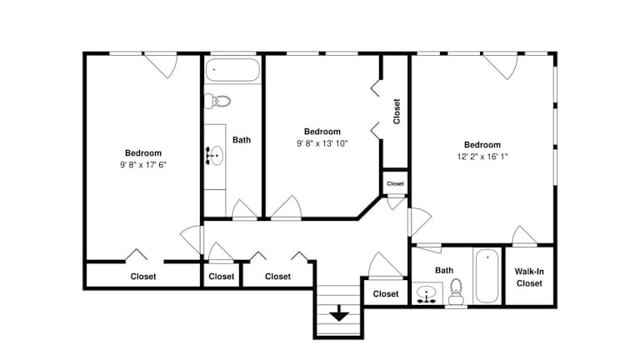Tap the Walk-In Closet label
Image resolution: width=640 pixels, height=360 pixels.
coord(529,277)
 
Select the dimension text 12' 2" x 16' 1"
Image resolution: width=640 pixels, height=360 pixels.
coord(482,157)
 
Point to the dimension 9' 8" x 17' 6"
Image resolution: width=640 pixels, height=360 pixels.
coord(142,164)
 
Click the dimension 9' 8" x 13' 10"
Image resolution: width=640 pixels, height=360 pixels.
coord(322,143)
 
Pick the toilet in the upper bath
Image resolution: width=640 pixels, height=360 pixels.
coord(217,101)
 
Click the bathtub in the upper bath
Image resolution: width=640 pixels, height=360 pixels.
coord(232,70)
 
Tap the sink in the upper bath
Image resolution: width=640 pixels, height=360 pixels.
coord(215,156)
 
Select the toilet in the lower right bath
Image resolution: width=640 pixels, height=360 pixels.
coord(456,292)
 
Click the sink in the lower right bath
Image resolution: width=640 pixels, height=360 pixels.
coord(427,294)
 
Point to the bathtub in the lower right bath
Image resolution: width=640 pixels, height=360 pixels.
coord(487,276)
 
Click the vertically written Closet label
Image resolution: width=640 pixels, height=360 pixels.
coord(397,111)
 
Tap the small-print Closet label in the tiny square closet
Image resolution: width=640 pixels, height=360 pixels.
coord(395,183)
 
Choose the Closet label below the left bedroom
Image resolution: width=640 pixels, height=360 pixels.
coord(142,277)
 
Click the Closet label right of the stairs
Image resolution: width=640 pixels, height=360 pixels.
coord(385,294)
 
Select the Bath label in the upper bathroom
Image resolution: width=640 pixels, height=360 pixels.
coord(242,140)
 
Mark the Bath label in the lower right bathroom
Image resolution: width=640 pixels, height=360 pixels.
coord(444,270)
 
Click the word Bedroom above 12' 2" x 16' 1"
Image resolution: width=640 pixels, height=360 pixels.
coord(482,145)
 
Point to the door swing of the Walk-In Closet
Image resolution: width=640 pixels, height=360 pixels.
coord(524,236)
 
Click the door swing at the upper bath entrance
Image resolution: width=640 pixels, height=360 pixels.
coord(244,209)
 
